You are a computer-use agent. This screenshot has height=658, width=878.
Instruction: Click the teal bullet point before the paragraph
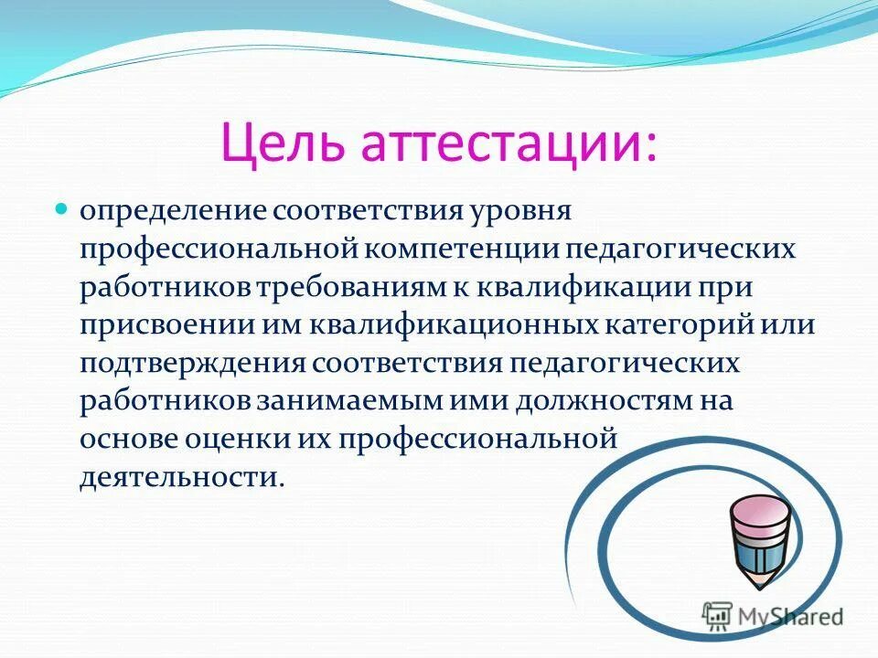(x=62, y=209)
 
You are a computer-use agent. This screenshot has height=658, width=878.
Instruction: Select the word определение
(x=171, y=211)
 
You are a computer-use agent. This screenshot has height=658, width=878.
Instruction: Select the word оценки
(x=240, y=440)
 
